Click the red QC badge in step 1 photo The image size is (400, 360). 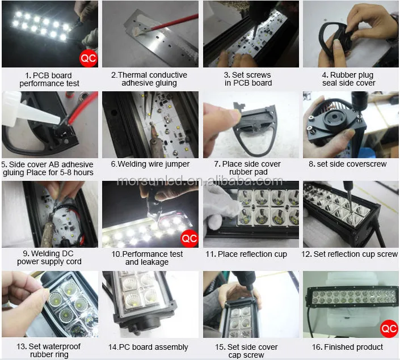pyautogui.click(x=89, y=58)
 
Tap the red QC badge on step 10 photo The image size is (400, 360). pyautogui.click(x=190, y=238)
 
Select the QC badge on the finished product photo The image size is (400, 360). pyautogui.click(x=389, y=329)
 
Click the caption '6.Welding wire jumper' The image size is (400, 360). pyautogui.click(x=150, y=164)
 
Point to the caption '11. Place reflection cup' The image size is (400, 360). pyautogui.click(x=246, y=254)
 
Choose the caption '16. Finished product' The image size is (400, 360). pyautogui.click(x=347, y=347)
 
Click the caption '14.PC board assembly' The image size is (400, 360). pyautogui.click(x=148, y=347)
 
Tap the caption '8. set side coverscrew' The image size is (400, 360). pyautogui.click(x=348, y=164)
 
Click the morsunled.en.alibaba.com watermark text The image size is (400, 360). pyautogui.click(x=200, y=181)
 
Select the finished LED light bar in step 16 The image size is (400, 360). pyautogui.click(x=352, y=297)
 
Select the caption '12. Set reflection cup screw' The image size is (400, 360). pyautogui.click(x=350, y=254)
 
